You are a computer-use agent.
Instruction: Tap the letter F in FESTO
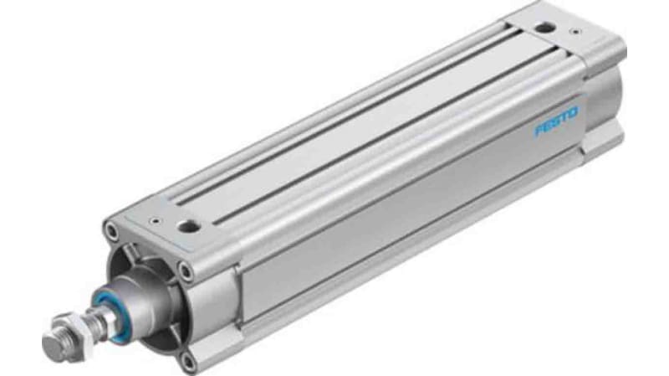pos(539,133)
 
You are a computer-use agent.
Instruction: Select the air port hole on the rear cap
pos(544,28)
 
